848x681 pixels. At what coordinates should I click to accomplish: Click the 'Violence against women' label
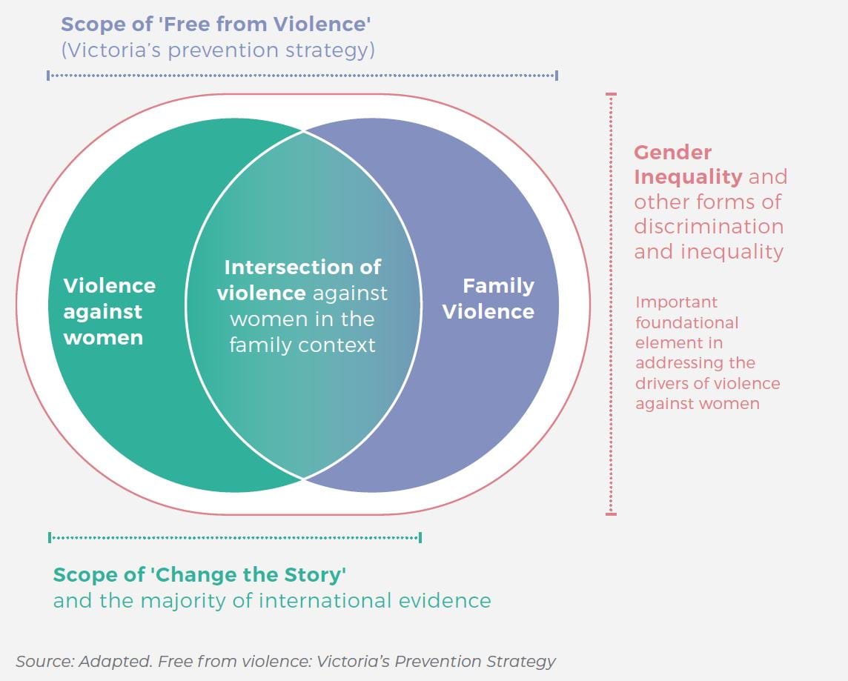pyautogui.click(x=109, y=311)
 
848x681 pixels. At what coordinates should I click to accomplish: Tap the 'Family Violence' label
pyautogui.click(x=488, y=298)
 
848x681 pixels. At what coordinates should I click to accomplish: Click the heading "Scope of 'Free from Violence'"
pyautogui.click(x=216, y=24)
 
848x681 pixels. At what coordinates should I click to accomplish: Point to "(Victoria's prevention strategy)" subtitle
pyautogui.click(x=217, y=50)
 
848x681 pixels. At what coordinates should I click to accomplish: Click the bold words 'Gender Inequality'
pyautogui.click(x=687, y=165)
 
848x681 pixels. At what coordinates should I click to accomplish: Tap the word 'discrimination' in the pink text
pyautogui.click(x=708, y=226)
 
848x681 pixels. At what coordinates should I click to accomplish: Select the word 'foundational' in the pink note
pyautogui.click(x=686, y=322)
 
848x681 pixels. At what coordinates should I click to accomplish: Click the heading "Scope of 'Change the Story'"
pyautogui.click(x=200, y=574)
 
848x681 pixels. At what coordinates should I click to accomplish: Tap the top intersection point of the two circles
pyautogui.click(x=303, y=131)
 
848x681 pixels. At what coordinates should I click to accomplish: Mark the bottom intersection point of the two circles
pyautogui.click(x=303, y=478)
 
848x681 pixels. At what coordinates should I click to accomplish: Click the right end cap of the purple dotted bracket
pyautogui.click(x=557, y=75)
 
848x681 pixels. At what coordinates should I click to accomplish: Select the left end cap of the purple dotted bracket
pyautogui.click(x=48, y=75)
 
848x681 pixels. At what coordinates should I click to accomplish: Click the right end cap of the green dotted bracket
pyautogui.click(x=420, y=537)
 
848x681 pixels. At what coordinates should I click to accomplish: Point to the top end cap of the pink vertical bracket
pyautogui.click(x=611, y=94)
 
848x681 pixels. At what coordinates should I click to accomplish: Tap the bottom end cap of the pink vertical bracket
pyautogui.click(x=611, y=513)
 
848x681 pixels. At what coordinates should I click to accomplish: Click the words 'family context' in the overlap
pyautogui.click(x=302, y=345)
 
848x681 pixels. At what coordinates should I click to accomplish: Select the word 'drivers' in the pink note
pyautogui.click(x=659, y=383)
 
